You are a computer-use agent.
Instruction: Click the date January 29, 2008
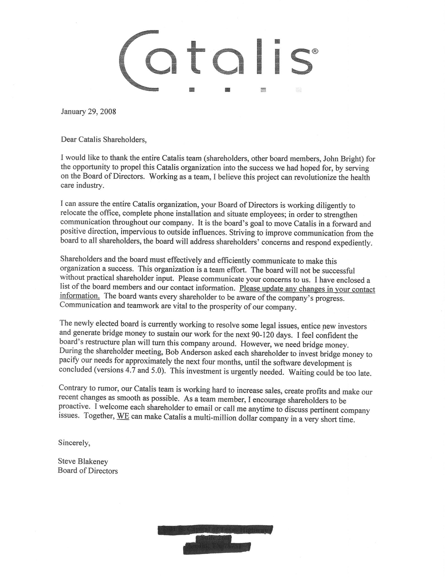[x=88, y=112]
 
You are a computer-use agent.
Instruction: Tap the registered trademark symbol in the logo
[x=314, y=51]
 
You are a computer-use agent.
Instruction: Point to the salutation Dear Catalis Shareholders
[x=104, y=140]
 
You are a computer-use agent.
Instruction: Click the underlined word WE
[x=123, y=419]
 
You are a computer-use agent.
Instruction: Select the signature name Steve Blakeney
[x=83, y=461]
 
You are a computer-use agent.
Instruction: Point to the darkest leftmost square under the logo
[x=192, y=90]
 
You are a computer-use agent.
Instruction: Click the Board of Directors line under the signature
[x=88, y=471]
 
